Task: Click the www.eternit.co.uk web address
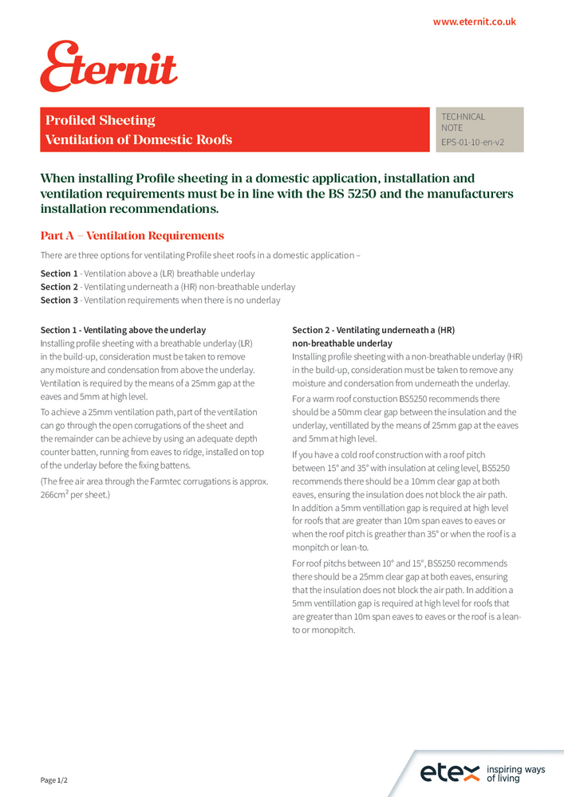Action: point(474,22)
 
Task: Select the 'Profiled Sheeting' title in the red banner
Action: point(101,120)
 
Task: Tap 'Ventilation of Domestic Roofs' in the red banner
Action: point(139,140)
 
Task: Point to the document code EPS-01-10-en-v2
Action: point(472,143)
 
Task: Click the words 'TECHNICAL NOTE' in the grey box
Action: point(463,122)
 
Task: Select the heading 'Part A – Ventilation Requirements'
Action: point(132,236)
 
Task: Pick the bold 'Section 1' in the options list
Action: point(59,273)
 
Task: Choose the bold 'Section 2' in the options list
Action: point(59,287)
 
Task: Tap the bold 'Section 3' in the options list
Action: point(59,300)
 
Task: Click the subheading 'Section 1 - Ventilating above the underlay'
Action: point(123,330)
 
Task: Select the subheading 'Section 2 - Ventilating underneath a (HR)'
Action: point(373,330)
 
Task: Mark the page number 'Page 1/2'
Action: point(54,779)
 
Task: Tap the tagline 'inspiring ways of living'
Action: point(515,773)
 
